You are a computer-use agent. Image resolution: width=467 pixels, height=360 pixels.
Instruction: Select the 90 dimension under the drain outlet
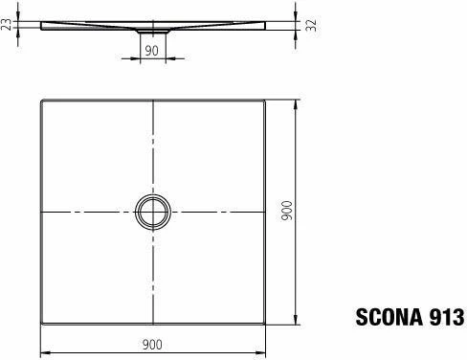pyautogui.click(x=152, y=50)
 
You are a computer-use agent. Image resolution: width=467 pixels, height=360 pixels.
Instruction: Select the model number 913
pyautogui.click(x=443, y=317)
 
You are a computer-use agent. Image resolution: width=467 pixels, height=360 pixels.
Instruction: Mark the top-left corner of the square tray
pyautogui.click(x=41, y=98)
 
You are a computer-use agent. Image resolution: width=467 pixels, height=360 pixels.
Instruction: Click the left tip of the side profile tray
pyautogui.click(x=43, y=24)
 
